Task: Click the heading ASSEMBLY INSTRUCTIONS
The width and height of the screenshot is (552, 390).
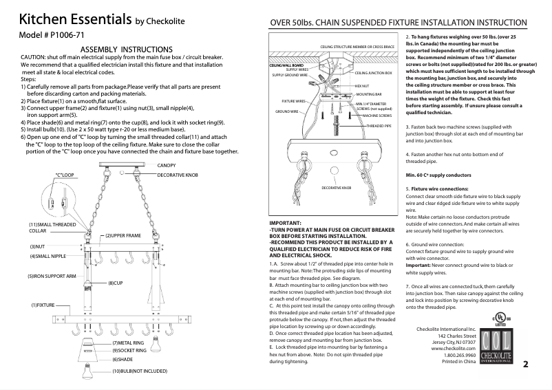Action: [126, 50]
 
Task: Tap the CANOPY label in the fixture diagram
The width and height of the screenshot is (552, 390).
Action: [167, 166]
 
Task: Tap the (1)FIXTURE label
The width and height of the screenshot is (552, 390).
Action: [42, 305]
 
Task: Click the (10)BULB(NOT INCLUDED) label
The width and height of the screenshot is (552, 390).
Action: [139, 371]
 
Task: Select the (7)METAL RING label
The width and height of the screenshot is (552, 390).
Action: [129, 343]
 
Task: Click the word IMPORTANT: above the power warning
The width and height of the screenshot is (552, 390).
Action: [286, 224]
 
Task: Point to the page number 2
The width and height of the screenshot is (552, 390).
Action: [525, 364]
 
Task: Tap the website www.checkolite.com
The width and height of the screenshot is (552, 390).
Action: [454, 349]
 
